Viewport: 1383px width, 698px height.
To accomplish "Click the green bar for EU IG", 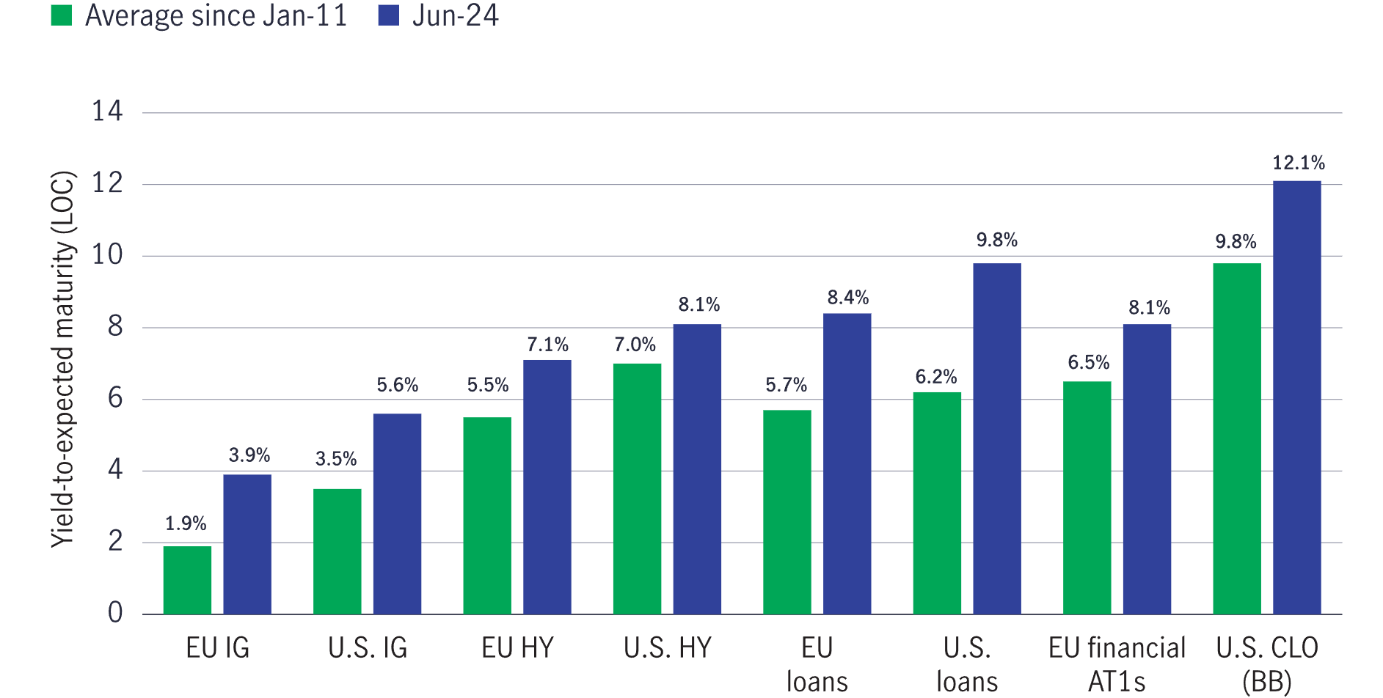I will click(187, 580).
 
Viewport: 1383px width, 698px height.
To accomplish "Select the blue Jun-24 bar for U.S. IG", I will click(397, 513).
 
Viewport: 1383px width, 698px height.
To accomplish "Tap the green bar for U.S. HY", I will click(637, 488).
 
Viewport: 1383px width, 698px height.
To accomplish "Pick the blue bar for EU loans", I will click(847, 463).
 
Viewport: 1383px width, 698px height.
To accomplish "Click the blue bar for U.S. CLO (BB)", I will click(1296, 397).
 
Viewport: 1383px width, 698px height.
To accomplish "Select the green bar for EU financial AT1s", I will click(1087, 497).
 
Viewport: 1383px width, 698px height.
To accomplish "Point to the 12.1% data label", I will click(1298, 163).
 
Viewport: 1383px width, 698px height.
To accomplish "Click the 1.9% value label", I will click(186, 523).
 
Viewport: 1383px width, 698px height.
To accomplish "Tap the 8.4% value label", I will click(847, 298).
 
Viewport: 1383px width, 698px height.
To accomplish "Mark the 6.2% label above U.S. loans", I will click(936, 377).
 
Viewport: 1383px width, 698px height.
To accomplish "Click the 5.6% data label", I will click(397, 385).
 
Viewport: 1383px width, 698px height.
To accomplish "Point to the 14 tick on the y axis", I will click(107, 111).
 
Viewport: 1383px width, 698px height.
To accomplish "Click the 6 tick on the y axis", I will click(115, 398).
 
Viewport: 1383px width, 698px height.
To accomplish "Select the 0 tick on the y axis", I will click(115, 613).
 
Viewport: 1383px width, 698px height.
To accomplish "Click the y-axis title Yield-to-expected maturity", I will click(63, 359).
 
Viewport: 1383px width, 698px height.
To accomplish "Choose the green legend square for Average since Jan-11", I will click(62, 15).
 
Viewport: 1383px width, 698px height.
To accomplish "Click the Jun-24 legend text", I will click(455, 15).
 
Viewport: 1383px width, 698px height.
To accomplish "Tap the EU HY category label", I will click(517, 648).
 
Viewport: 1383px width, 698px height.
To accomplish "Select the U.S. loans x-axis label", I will click(966, 664).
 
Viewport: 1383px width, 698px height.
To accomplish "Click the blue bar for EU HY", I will click(547, 487).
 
